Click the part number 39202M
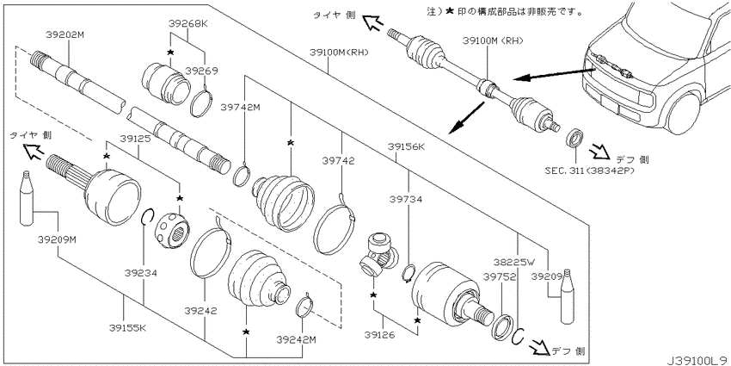pyautogui.click(x=64, y=34)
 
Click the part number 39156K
pyautogui.click(x=408, y=147)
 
